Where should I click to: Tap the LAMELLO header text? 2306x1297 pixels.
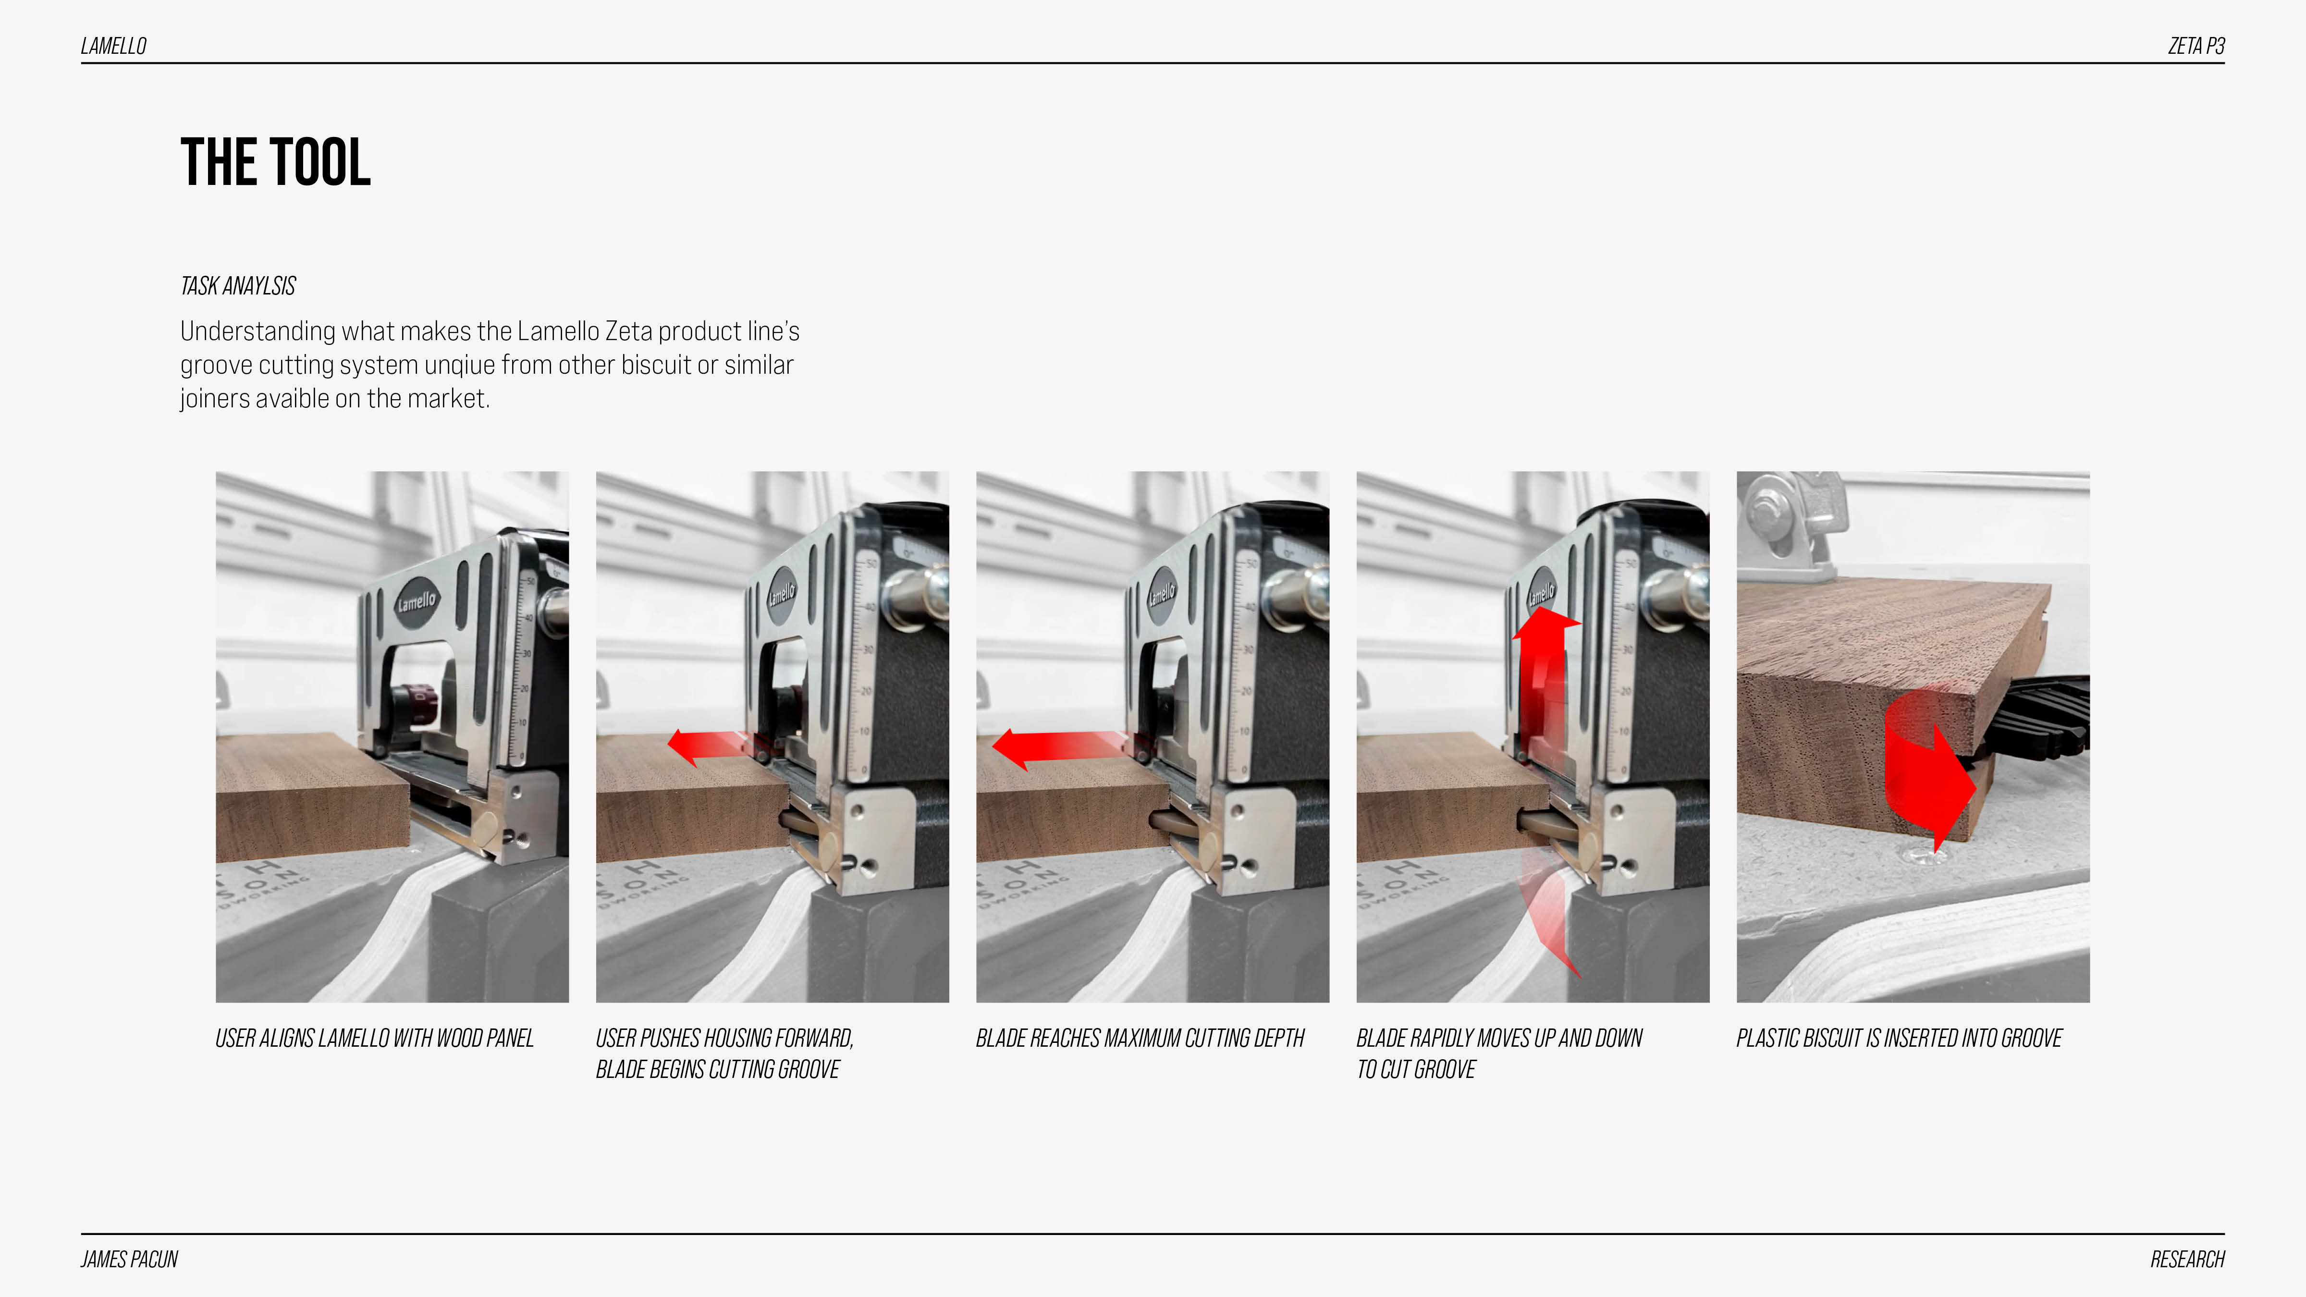coord(114,46)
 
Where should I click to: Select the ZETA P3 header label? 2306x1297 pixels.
coord(2196,46)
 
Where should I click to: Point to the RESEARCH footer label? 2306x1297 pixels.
coord(2187,1260)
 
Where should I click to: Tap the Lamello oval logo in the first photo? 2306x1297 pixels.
coord(416,601)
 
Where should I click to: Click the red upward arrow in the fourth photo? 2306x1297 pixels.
coord(1545,680)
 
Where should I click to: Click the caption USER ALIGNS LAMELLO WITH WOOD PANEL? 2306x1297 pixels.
coord(374,1038)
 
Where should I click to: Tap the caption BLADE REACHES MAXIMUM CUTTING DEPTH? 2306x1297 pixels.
coord(1140,1038)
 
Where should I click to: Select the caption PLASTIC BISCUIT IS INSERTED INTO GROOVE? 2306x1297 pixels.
coord(1899,1038)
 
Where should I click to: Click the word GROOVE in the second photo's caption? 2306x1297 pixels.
coord(809,1070)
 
